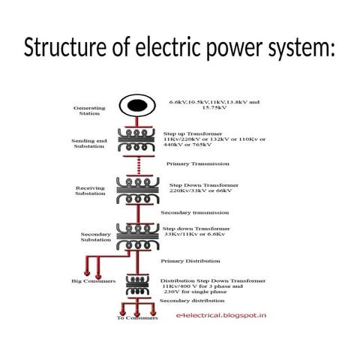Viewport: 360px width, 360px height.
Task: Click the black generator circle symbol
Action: coord(137,106)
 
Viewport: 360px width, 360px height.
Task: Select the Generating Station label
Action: coord(89,110)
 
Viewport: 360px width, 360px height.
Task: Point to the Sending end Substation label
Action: coord(89,144)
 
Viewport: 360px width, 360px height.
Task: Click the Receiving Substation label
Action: coord(90,190)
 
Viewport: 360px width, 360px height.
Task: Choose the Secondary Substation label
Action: coord(95,237)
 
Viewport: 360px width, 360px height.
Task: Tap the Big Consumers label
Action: coord(93,281)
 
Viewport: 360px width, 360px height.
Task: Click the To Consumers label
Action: coord(137,317)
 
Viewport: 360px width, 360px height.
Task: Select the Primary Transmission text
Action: coord(192,163)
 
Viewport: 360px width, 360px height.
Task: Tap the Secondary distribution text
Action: coord(190,300)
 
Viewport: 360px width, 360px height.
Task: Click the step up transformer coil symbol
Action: coord(138,139)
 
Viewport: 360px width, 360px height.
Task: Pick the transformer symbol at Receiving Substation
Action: coord(138,190)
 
